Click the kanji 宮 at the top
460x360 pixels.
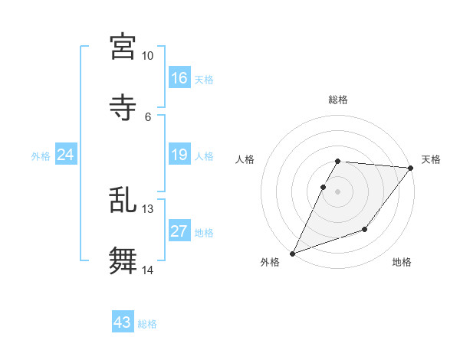tap(123, 46)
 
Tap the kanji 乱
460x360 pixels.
tap(123, 199)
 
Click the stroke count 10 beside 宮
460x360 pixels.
tap(148, 56)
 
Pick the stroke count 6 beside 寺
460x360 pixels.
tap(148, 116)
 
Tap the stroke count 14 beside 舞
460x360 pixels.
tap(148, 270)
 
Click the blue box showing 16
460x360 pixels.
tap(179, 78)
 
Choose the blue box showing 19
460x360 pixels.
tap(179, 155)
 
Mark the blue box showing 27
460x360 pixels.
tap(179, 232)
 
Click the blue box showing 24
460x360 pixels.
tap(66, 155)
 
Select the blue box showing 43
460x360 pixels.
tap(123, 322)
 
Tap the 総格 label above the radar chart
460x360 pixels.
tap(338, 100)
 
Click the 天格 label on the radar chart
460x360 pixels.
tap(431, 159)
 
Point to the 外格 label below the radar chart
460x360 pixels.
tap(270, 262)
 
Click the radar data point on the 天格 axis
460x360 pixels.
tap(411, 168)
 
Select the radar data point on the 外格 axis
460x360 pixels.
tap(292, 254)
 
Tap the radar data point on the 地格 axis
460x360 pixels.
tap(365, 229)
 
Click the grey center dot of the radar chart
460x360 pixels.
tap(338, 191)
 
